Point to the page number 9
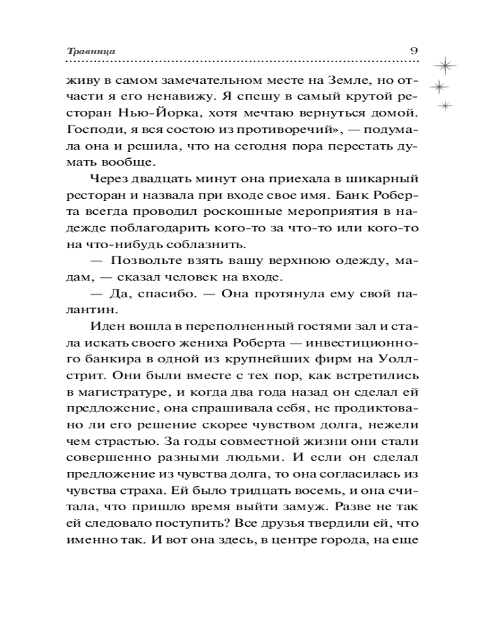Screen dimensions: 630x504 pos(414,50)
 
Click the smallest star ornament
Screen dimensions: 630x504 pos(445,106)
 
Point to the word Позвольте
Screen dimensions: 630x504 pos(140,260)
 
